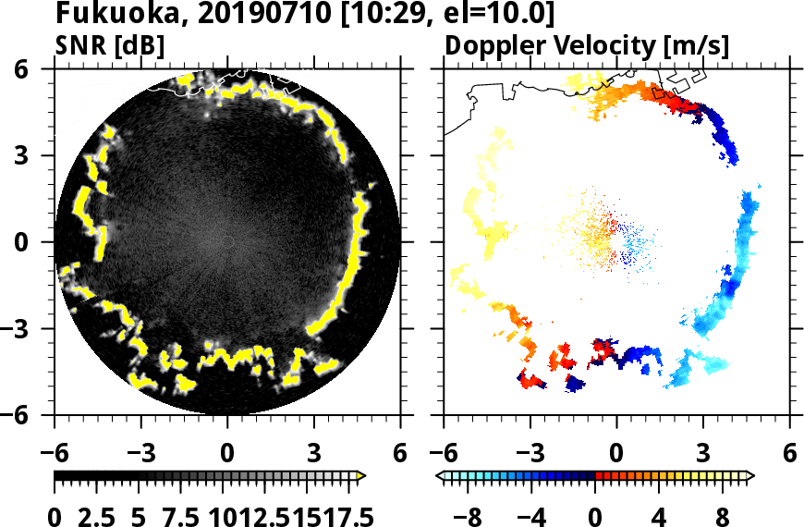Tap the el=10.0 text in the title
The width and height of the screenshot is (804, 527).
click(464, 14)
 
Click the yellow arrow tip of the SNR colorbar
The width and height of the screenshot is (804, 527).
click(362, 476)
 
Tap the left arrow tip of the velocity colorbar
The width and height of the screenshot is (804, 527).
click(439, 476)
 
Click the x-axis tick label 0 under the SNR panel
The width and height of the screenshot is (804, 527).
click(227, 455)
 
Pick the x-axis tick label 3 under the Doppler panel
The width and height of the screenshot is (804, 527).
click(702, 455)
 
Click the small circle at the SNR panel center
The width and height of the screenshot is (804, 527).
click(227, 242)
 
